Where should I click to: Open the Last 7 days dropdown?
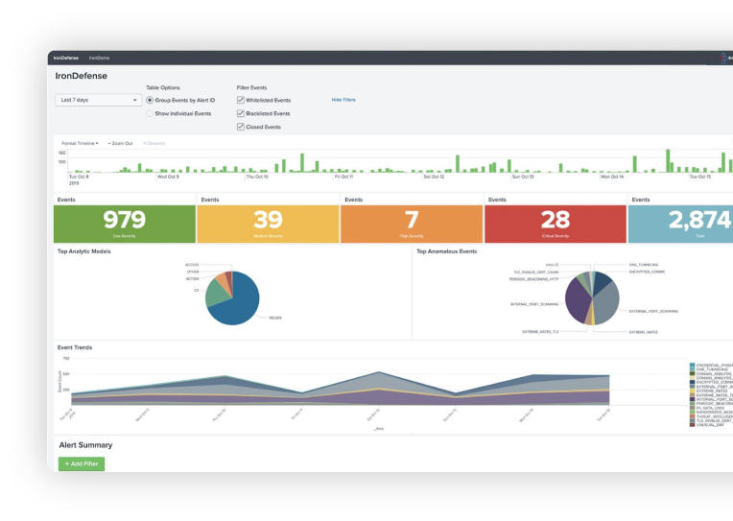(x=99, y=100)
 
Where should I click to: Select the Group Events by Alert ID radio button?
(x=150, y=100)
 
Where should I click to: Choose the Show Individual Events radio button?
(x=150, y=113)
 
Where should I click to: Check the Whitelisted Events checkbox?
(x=241, y=100)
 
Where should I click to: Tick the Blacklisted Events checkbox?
(x=241, y=113)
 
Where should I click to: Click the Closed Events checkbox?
(x=241, y=127)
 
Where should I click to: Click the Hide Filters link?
(x=343, y=100)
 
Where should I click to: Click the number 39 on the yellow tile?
(x=268, y=220)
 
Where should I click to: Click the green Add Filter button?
(x=82, y=464)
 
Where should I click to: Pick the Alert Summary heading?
(x=85, y=445)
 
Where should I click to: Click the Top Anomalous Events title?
(x=446, y=251)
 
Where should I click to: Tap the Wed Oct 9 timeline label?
(x=168, y=177)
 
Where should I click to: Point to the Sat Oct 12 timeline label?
(x=434, y=177)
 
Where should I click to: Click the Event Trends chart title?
(x=75, y=347)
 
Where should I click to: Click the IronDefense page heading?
(x=83, y=75)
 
